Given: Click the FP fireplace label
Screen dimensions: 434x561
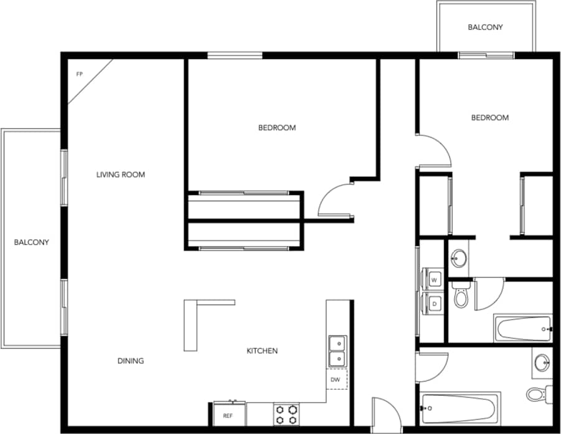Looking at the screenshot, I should pos(80,74).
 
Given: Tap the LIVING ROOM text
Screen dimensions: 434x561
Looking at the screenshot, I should pos(120,175).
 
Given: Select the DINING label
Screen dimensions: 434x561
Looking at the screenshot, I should pos(131,361).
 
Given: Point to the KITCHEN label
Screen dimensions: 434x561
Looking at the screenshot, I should pos(262,351).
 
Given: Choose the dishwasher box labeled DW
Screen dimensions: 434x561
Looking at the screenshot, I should pos(335,379).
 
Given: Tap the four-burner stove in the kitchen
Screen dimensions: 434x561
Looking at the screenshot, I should pos(286,415).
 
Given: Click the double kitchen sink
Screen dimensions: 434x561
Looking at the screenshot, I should pos(337,351).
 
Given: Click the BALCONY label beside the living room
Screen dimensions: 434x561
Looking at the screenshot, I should pos(31,242).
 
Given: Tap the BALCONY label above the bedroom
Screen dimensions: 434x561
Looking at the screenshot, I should pos(485,27).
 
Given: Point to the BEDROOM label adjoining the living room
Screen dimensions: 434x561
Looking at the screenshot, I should pos(277,128).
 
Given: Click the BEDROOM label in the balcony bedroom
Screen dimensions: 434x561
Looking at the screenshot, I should pos(489,118).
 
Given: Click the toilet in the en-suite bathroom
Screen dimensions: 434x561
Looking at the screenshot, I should pos(461,296).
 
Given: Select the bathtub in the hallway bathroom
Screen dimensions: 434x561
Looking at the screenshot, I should pos(460,408).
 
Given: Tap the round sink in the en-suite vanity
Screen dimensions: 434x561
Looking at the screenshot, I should pos(460,258).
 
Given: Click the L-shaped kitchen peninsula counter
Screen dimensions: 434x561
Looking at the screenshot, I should pos(191,324).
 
